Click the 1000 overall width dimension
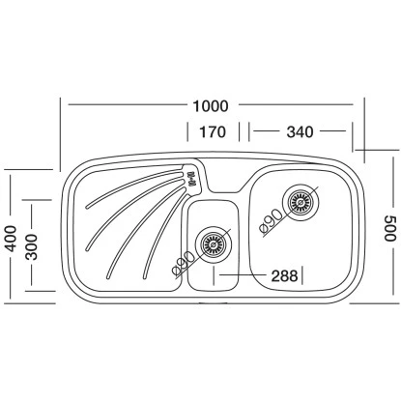(x=211, y=106)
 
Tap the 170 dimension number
(x=213, y=132)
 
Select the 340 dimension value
(x=300, y=132)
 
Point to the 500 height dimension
(x=389, y=228)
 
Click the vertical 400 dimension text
(x=12, y=239)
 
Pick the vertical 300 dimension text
(x=32, y=247)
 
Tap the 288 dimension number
(x=284, y=276)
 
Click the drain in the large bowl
(x=301, y=202)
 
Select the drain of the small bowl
(x=214, y=244)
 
